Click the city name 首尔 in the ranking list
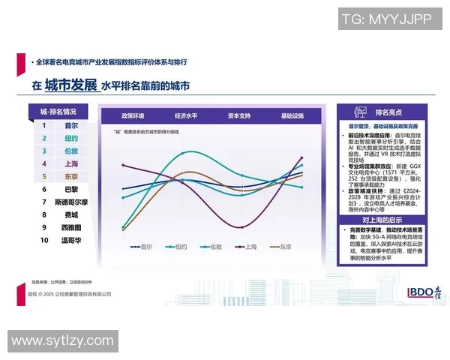pos(71,126)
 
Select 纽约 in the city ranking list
pos(71,139)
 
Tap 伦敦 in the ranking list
pos(71,151)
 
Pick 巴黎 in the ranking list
pos(71,190)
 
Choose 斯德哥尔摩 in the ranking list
pos(71,202)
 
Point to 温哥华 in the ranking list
pos(71,241)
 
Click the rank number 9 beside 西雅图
pos(44,228)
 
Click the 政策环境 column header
pos(133,116)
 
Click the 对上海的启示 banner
pos(380,220)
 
